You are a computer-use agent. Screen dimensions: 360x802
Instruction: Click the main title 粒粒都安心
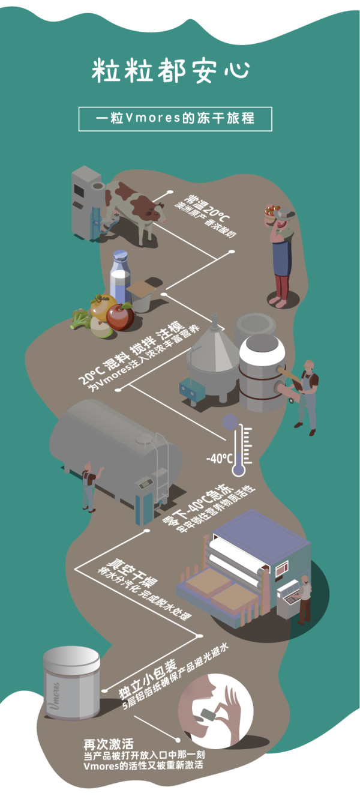pos(170,70)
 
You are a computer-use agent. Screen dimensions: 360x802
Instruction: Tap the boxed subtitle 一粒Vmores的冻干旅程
pos(175,118)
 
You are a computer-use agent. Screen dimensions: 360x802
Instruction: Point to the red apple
pos(121,317)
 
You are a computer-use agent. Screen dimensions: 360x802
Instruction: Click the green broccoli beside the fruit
pos(80,319)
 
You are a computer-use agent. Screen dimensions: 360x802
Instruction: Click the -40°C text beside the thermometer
pos(219,459)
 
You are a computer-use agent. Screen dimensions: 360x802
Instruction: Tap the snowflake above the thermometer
pos(228,420)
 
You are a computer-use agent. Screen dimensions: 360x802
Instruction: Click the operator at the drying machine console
pos(305,597)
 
